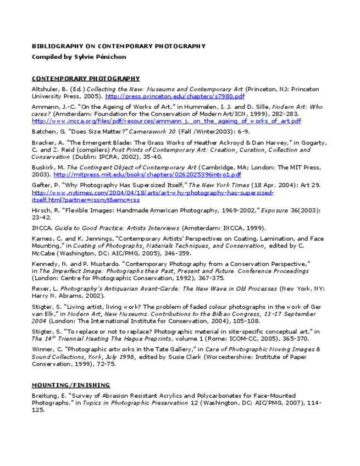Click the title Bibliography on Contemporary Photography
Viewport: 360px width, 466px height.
[x=118, y=47]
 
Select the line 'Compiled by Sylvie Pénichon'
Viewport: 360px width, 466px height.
[x=79, y=57]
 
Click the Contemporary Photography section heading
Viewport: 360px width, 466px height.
[x=86, y=79]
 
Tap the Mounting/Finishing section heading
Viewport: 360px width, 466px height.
[x=70, y=385]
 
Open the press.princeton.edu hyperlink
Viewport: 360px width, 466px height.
[x=175, y=96]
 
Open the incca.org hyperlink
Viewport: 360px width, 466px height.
[x=166, y=121]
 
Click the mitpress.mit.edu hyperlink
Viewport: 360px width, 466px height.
[x=147, y=175]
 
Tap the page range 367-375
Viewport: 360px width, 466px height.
[x=211, y=278]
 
